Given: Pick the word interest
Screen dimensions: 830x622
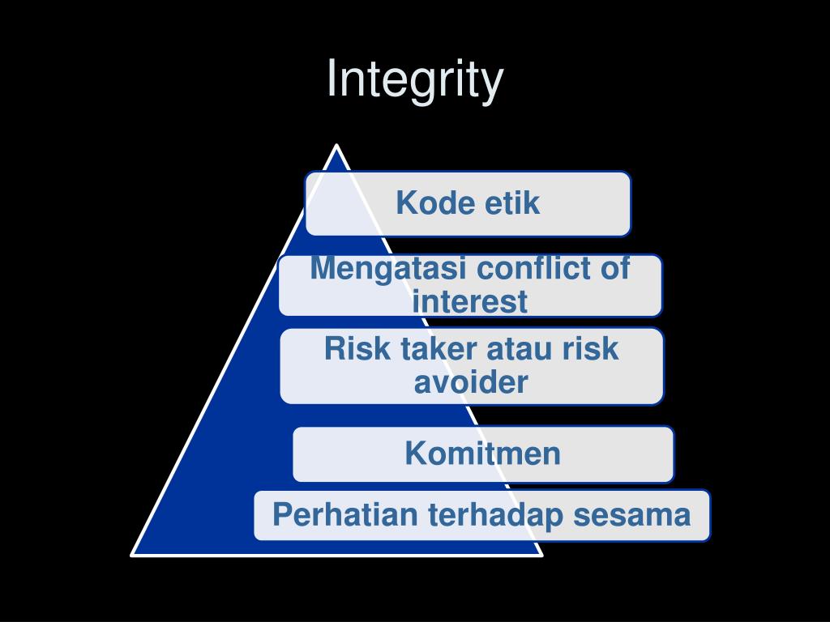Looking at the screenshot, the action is coord(470,302).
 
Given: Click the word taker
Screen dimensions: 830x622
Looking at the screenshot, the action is coord(439,349).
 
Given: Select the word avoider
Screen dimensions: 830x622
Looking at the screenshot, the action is coord(470,381).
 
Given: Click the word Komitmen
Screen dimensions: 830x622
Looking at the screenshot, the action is coord(483,454).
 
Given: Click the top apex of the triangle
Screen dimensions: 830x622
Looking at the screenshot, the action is coord(336,146).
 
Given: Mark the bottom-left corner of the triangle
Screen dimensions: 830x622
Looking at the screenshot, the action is coord(133,555).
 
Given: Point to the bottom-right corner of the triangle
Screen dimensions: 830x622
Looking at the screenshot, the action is coord(541,555).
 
